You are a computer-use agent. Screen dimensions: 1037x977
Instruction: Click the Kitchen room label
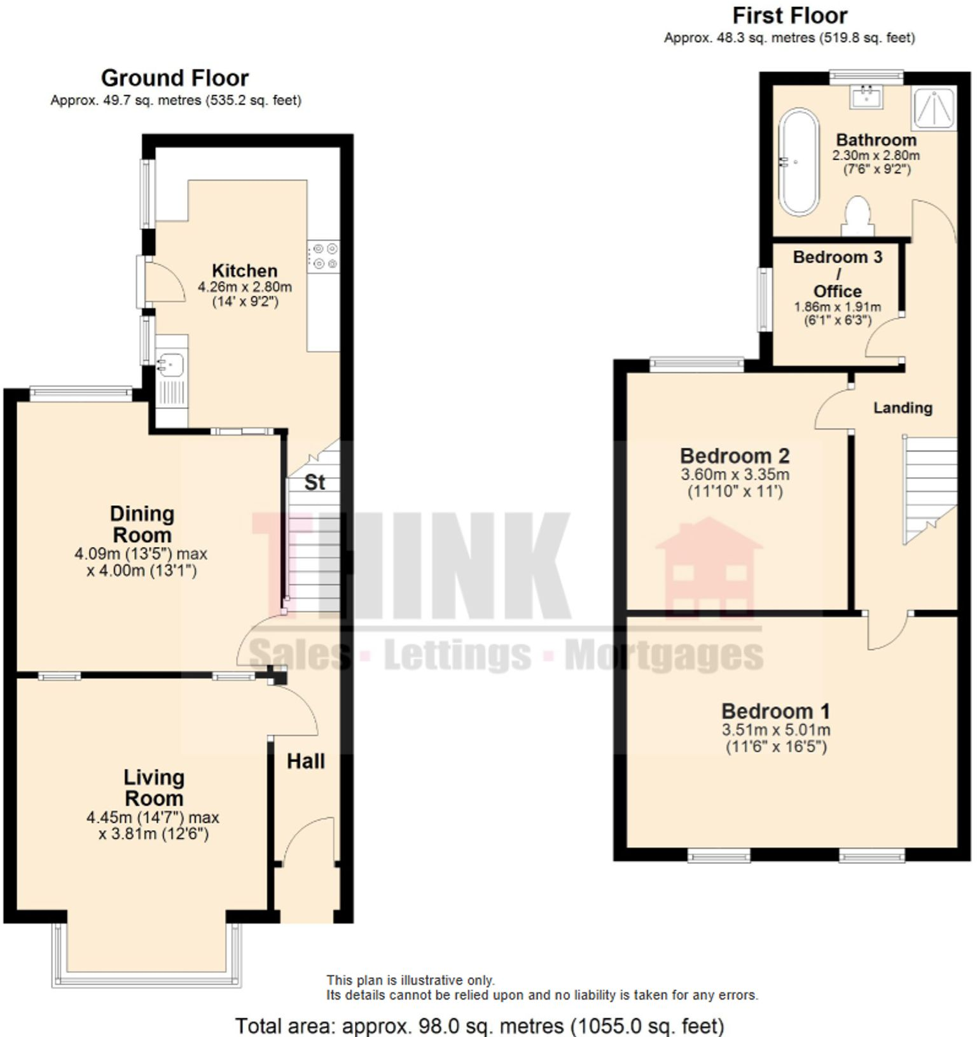click(244, 270)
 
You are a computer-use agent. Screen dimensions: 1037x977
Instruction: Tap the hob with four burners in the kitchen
click(324, 256)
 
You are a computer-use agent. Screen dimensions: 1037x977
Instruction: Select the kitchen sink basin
click(170, 365)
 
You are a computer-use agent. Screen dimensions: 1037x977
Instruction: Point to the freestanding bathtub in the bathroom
click(798, 162)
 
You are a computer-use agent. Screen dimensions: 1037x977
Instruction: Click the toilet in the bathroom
click(857, 216)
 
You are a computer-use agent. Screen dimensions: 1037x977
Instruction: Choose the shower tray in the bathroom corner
click(934, 108)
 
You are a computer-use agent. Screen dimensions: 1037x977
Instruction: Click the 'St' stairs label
click(314, 482)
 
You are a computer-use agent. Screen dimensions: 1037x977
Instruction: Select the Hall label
click(305, 761)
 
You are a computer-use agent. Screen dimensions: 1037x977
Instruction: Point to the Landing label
click(903, 408)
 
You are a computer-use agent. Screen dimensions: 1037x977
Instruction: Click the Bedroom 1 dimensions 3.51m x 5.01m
click(775, 730)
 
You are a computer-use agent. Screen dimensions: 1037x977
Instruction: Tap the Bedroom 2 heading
click(735, 456)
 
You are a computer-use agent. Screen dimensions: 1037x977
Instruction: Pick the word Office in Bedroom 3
click(837, 291)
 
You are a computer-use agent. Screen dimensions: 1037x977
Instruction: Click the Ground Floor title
click(175, 78)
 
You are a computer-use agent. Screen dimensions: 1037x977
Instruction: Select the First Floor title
click(789, 15)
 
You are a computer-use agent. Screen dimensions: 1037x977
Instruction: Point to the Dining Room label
click(141, 524)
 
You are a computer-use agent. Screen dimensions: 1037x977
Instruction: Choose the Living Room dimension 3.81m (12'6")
click(153, 833)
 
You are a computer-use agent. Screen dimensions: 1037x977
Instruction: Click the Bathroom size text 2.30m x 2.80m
click(876, 155)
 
